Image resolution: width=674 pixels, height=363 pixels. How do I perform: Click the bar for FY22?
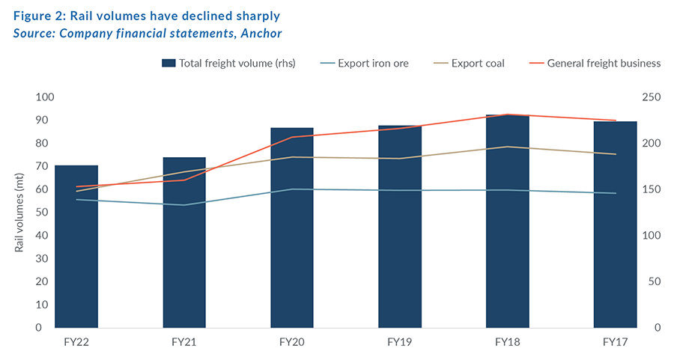point(76,247)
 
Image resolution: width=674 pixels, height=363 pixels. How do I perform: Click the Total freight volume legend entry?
point(228,63)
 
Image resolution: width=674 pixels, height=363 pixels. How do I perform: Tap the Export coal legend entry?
point(468,63)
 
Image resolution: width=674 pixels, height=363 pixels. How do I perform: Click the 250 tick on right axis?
point(652,97)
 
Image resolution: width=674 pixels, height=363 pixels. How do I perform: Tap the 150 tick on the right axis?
point(652,189)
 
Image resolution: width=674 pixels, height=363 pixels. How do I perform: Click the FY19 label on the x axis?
point(400,342)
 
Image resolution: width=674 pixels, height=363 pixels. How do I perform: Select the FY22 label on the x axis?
point(76,342)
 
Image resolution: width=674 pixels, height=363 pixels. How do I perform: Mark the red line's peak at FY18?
point(508,115)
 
